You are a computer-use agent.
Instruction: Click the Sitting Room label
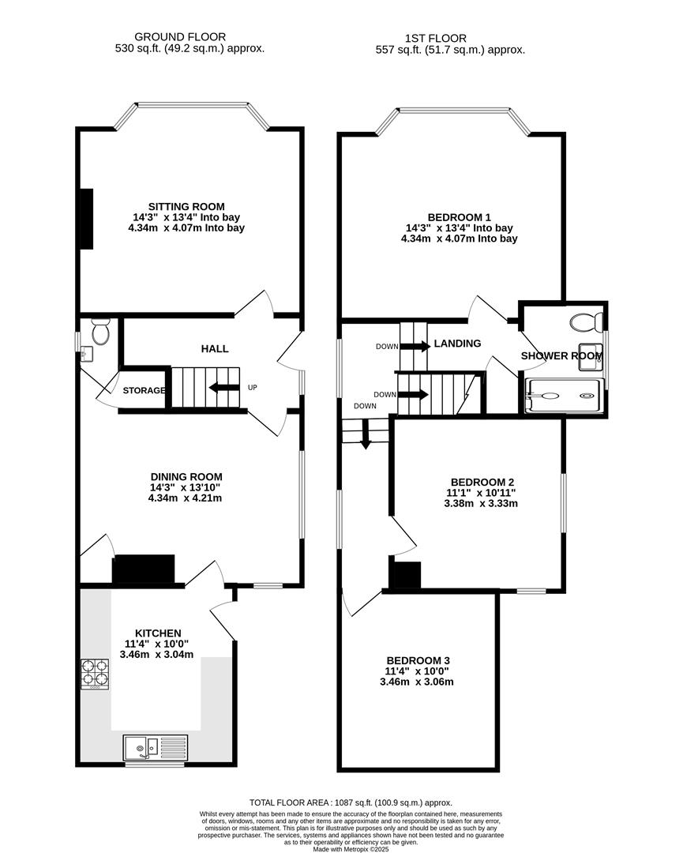(x=186, y=207)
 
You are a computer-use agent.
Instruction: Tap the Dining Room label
(x=186, y=477)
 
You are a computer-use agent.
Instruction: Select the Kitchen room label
(x=158, y=633)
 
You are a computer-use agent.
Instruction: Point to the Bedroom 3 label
(x=418, y=660)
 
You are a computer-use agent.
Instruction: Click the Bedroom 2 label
(x=482, y=482)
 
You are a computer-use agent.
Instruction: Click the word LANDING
(x=457, y=344)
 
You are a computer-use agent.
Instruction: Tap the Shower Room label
(x=561, y=356)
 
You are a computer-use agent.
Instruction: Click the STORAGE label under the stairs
(x=144, y=390)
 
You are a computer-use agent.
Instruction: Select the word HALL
(x=215, y=348)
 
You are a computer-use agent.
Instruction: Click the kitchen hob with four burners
(x=95, y=674)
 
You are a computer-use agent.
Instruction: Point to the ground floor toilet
(x=99, y=333)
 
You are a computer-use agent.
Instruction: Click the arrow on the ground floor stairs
(x=223, y=387)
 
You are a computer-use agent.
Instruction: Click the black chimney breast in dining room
(x=143, y=569)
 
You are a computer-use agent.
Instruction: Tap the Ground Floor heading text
(x=180, y=37)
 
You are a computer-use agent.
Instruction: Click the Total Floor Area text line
(x=351, y=802)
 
